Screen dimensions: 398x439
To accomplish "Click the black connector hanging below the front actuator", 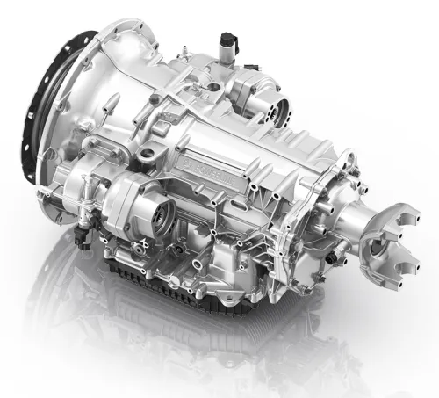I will (x=81, y=236).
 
